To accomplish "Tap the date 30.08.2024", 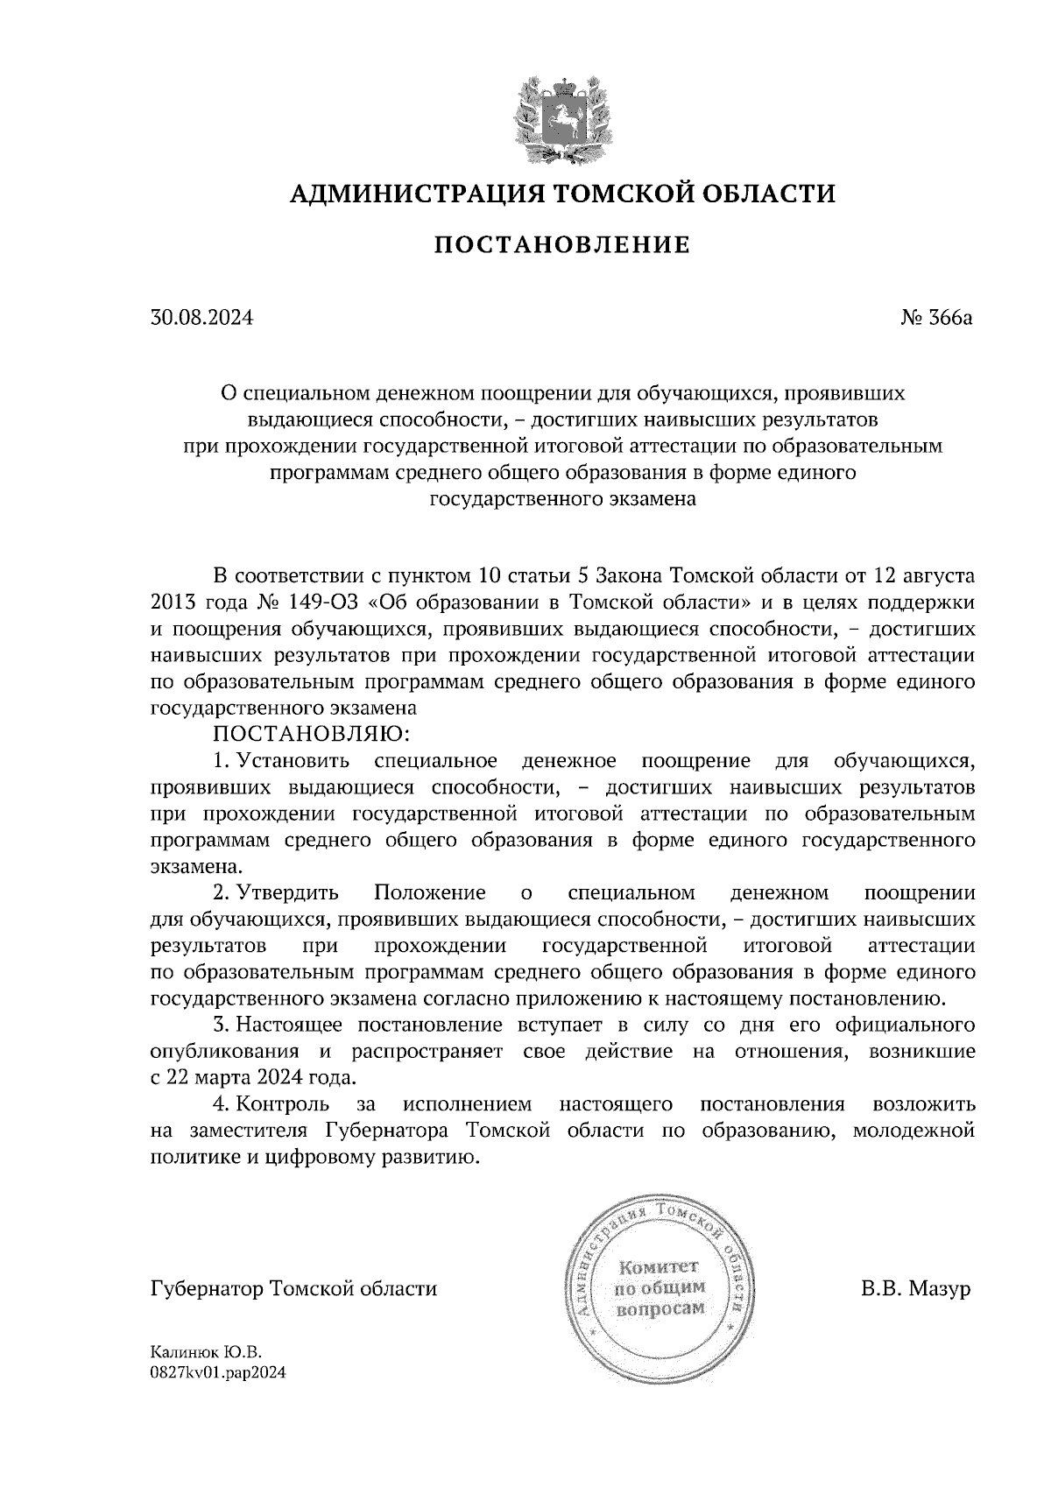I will click(x=201, y=318).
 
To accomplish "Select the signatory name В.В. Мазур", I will click(x=916, y=1289).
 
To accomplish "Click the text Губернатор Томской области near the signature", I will click(x=293, y=1289).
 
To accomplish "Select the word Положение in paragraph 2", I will click(x=429, y=893).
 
